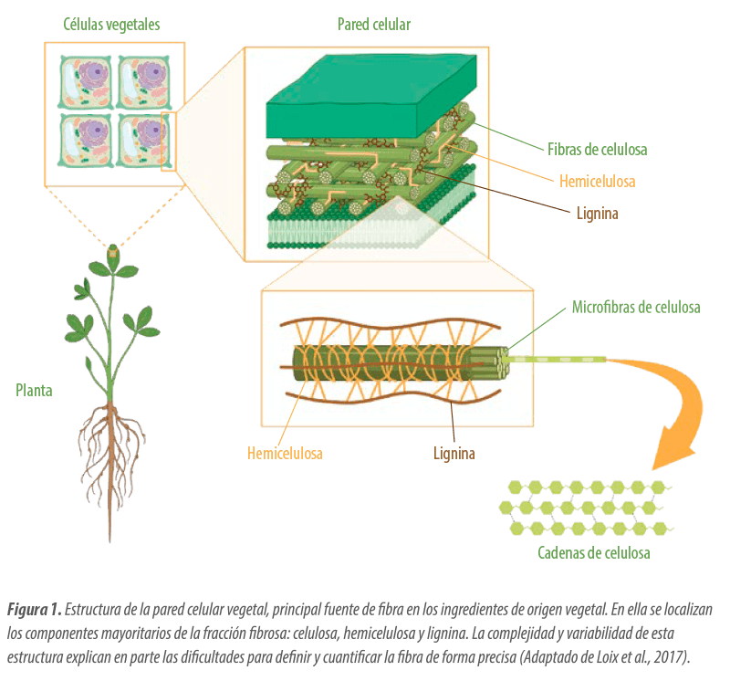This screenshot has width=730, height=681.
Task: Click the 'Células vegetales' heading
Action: [111, 25]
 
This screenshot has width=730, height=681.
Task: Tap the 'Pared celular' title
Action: [374, 25]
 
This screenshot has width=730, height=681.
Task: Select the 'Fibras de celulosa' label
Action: [597, 149]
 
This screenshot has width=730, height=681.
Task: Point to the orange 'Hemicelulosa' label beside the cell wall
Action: [598, 181]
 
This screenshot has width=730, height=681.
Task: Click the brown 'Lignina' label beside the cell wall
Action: [598, 214]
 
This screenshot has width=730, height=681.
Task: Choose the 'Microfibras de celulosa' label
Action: [636, 307]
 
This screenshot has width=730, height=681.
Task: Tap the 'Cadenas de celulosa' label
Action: [594, 552]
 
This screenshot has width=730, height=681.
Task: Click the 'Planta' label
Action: [34, 391]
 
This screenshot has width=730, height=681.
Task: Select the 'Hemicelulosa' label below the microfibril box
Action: [285, 453]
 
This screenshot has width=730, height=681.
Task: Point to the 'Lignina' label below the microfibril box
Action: [454, 453]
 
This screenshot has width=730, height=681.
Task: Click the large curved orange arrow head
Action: [673, 449]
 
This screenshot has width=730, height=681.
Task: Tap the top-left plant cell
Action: [86, 82]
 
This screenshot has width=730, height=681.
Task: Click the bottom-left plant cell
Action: [86, 140]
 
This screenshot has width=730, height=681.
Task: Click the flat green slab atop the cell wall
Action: [371, 97]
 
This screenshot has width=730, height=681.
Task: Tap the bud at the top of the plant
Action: [112, 253]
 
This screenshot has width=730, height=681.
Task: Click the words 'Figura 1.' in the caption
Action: [34, 609]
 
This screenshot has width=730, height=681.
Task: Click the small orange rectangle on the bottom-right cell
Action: [168, 141]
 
